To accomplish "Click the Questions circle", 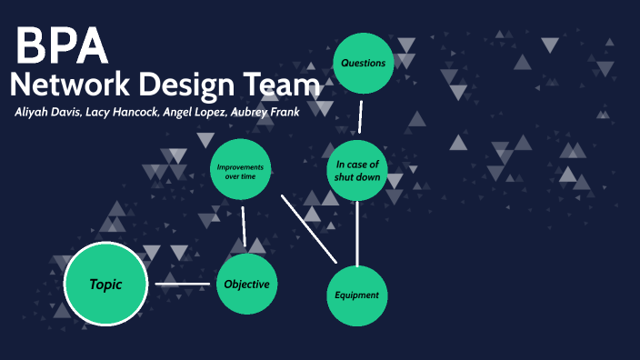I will point(363,64).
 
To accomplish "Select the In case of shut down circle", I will point(357,170).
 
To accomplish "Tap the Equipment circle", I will point(357,295).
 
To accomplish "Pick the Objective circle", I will point(246,285).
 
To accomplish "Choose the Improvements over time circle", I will point(241,171).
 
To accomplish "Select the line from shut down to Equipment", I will point(357,233).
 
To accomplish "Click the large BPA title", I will point(62,45).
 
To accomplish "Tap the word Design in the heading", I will point(190,86).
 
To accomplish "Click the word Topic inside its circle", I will point(105,285).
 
